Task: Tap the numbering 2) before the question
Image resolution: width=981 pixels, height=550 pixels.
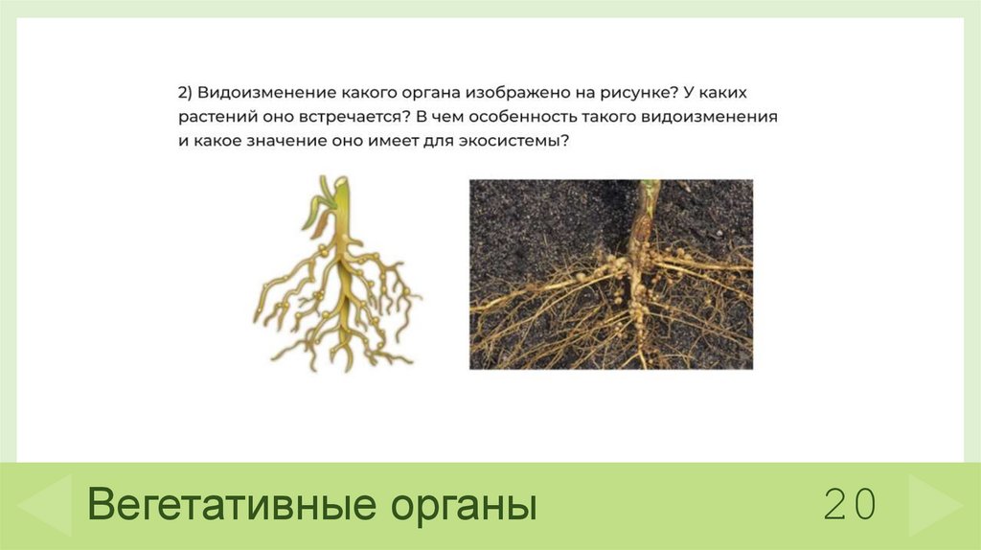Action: coord(185,94)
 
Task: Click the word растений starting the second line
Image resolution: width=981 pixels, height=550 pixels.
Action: coord(213,116)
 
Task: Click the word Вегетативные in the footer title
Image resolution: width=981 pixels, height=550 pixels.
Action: coord(226,505)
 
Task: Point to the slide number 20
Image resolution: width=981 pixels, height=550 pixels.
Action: coord(849,504)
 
